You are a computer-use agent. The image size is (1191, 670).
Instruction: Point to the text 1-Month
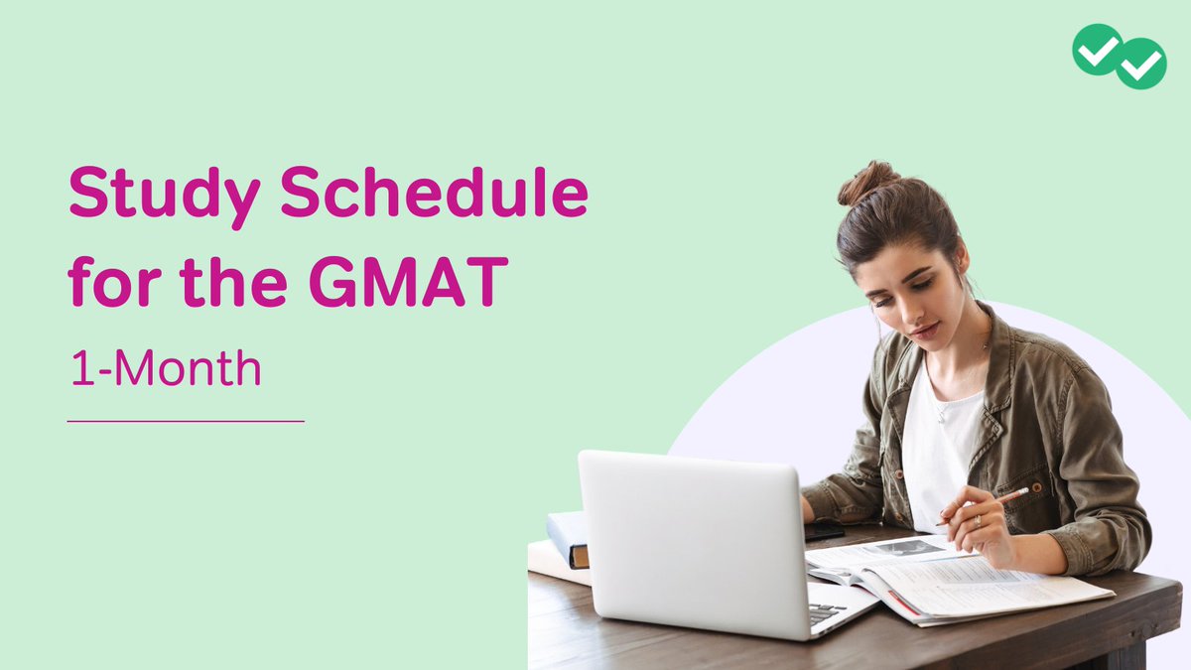pyautogui.click(x=165, y=369)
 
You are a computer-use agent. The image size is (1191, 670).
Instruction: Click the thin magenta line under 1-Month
pyautogui.click(x=186, y=421)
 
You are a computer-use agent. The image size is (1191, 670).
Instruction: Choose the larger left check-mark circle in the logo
pyautogui.click(x=1097, y=50)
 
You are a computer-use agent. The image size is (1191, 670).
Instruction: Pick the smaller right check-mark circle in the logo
pyautogui.click(x=1141, y=64)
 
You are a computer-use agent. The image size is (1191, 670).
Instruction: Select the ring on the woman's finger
pyautogui.click(x=978, y=520)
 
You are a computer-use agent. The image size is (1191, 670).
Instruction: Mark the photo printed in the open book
pyautogui.click(x=904, y=548)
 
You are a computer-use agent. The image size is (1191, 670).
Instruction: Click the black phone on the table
pyautogui.click(x=823, y=530)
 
